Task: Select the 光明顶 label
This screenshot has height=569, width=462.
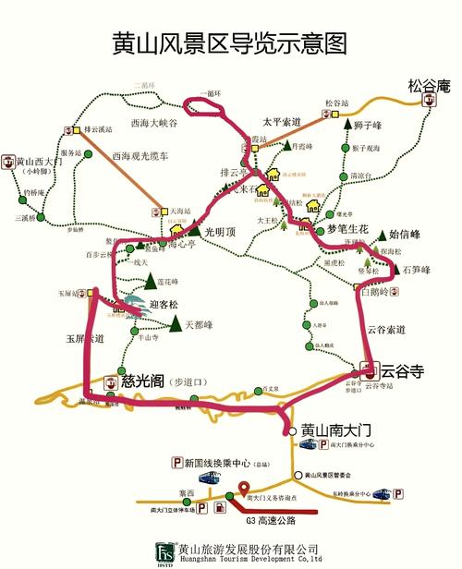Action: pos(222,230)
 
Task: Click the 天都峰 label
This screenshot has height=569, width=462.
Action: pos(200,325)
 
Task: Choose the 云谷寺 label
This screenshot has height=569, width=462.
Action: pos(402,370)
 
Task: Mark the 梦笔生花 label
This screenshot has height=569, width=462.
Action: pos(342,230)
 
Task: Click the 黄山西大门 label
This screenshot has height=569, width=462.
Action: pos(38,162)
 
